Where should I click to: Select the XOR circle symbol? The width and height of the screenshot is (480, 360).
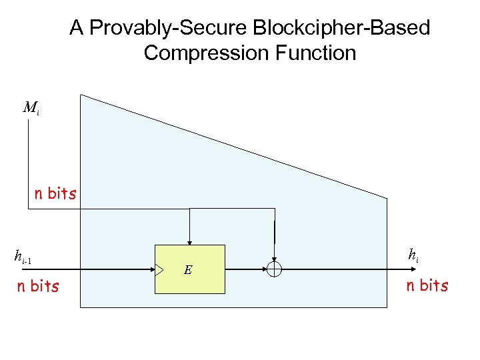point(274,269)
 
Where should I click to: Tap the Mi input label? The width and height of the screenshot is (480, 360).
point(31,108)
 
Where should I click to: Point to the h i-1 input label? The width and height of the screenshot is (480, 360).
point(23,255)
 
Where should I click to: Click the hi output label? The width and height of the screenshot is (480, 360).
point(413,255)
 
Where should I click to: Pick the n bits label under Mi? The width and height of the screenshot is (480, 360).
point(55,194)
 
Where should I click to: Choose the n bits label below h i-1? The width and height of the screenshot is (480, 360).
point(37,286)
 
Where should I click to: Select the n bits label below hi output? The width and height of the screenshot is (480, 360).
point(427,286)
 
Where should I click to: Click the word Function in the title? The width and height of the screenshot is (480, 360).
point(316,53)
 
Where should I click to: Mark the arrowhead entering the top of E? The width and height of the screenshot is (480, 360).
point(190,242)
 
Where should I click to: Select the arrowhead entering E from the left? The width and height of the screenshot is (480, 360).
point(151,269)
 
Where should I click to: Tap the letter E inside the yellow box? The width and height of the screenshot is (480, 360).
point(188,270)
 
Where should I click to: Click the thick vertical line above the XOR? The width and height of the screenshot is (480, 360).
point(274,231)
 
